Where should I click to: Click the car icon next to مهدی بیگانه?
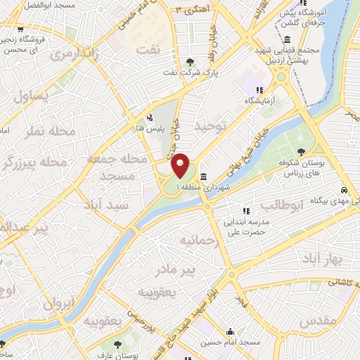tap(342, 191)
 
